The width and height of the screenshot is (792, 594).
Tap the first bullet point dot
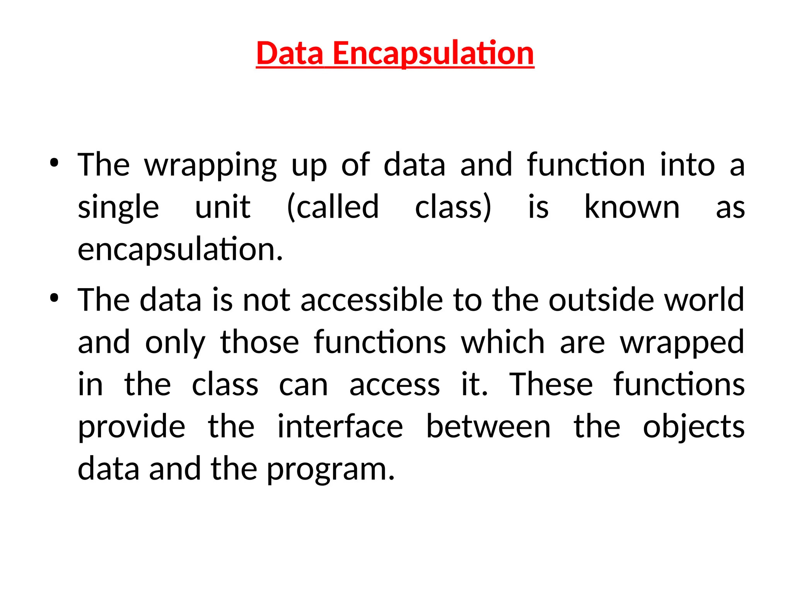click(x=54, y=163)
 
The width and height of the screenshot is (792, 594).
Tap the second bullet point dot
click(x=54, y=298)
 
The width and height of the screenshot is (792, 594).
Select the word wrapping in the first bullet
click(x=210, y=166)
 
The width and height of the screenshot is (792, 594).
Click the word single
click(x=118, y=208)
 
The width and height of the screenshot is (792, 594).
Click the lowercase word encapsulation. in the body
click(x=180, y=250)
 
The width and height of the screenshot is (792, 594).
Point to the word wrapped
click(x=682, y=343)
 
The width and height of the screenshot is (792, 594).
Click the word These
click(x=551, y=384)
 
